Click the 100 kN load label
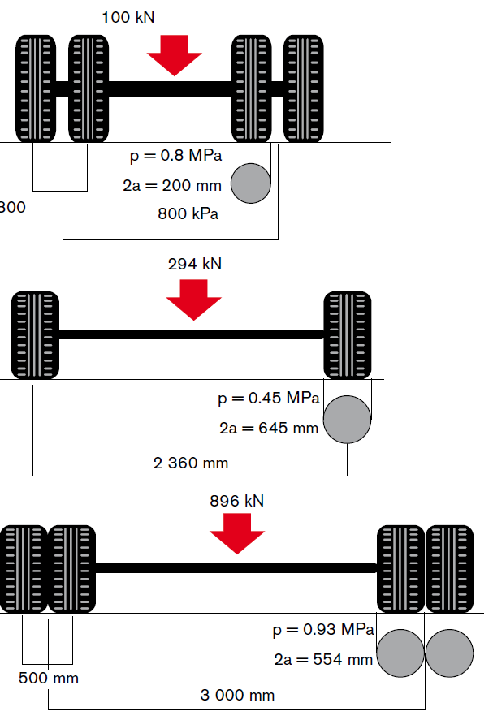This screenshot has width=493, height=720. (128, 17)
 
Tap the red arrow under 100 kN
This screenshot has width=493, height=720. (174, 55)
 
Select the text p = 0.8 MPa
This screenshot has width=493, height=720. (176, 156)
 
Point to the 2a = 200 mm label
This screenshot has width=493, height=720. (172, 186)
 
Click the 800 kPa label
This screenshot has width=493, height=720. (188, 214)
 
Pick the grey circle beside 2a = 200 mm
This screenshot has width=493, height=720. (251, 183)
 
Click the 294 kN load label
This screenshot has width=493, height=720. (195, 264)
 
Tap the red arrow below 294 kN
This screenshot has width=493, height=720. (194, 300)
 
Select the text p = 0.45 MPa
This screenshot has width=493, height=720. (269, 398)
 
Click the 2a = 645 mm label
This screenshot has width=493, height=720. (269, 429)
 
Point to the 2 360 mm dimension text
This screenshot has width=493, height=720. (191, 463)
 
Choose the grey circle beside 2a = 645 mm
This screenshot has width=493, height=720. (347, 419)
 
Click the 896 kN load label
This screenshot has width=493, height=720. (237, 501)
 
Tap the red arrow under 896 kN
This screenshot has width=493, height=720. (237, 533)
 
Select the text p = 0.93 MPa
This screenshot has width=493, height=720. (323, 630)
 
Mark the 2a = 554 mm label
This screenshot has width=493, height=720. (323, 660)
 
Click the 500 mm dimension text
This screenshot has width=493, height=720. (49, 679)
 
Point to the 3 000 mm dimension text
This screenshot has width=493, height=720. (237, 695)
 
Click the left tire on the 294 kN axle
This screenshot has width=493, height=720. (36, 335)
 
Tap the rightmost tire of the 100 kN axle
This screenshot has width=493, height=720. (303, 88)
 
